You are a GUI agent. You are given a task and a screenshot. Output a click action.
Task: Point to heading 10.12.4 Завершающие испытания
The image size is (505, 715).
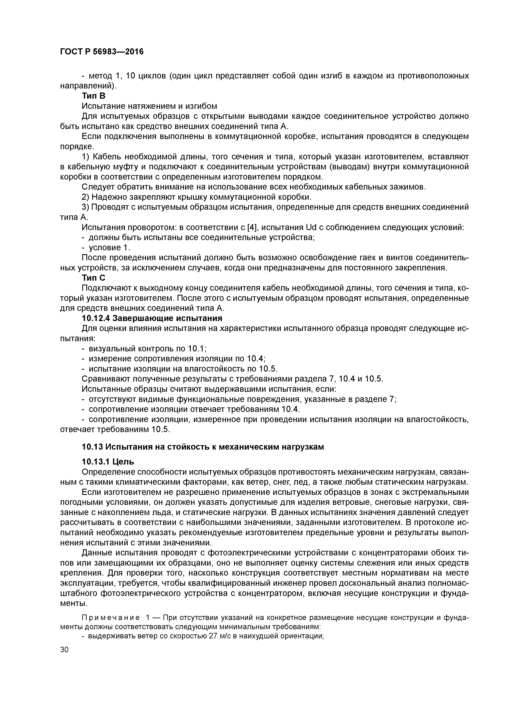pyautogui.click(x=152, y=318)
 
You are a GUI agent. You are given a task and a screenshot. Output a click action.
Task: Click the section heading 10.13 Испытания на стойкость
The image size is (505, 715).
pyautogui.click(x=203, y=447)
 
